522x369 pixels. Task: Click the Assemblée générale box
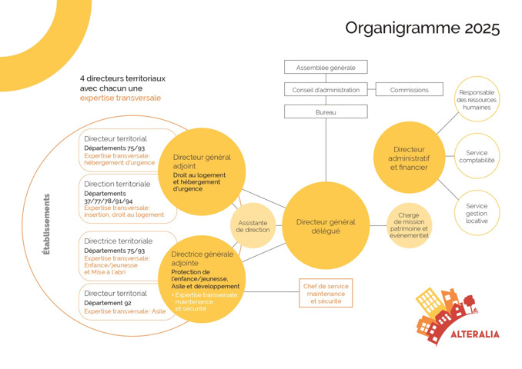click(x=326, y=68)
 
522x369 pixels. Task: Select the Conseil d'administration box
click(x=326, y=90)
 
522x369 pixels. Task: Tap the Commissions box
click(x=409, y=90)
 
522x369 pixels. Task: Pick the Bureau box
click(x=326, y=112)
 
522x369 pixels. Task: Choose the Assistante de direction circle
click(x=253, y=225)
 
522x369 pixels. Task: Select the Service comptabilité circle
click(x=477, y=157)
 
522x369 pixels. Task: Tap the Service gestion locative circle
click(x=477, y=213)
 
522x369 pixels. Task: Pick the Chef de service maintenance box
click(x=326, y=293)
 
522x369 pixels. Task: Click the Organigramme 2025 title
click(x=422, y=29)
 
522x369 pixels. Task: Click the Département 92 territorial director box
click(x=127, y=301)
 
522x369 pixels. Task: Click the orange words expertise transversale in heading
click(x=120, y=98)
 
